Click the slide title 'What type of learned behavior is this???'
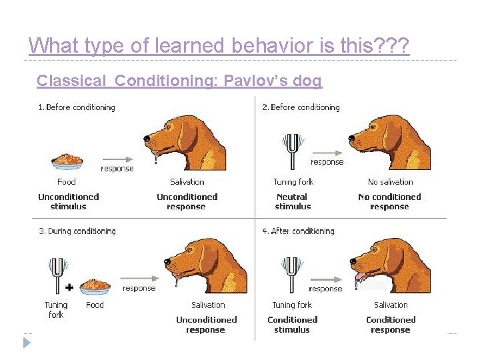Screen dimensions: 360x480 (219, 45)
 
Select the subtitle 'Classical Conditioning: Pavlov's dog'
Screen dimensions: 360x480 (179, 81)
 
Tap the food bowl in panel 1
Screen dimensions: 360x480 (67, 161)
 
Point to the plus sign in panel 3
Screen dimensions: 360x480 (69, 287)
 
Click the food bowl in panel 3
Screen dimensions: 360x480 (95, 287)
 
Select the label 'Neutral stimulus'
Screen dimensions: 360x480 (292, 201)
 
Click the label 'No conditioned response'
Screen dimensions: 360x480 (389, 201)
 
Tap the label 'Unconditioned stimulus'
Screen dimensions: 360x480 (69, 201)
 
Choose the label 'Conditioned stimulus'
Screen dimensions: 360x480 (292, 325)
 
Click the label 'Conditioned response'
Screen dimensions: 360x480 (391, 325)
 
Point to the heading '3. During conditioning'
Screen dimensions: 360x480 (77, 231)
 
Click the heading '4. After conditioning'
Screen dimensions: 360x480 (298, 231)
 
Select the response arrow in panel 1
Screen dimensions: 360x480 (117, 159)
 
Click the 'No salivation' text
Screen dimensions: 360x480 (390, 181)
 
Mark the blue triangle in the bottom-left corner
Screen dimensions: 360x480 (26, 343)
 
